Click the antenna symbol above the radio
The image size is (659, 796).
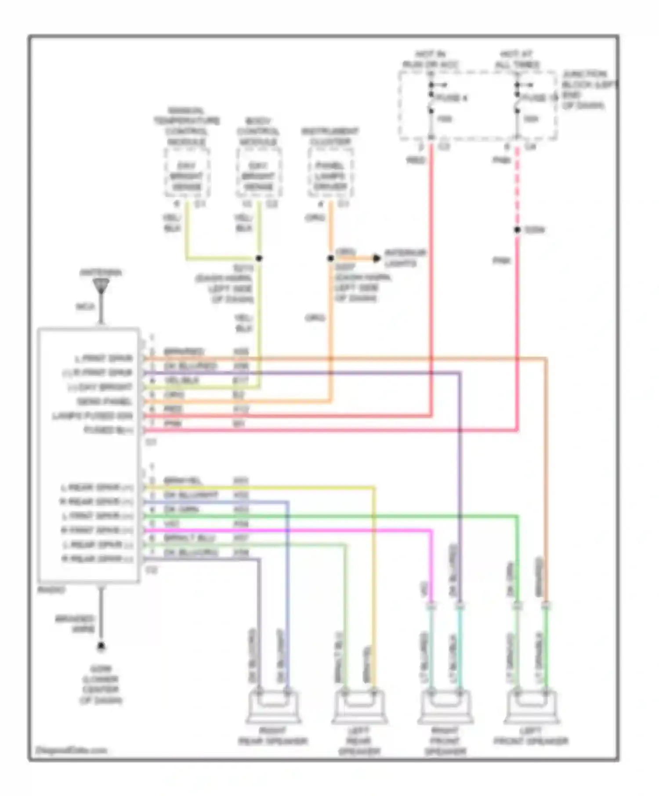[x=101, y=287]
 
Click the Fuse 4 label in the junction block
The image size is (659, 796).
[x=452, y=98]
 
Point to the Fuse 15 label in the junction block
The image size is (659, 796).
[x=540, y=98]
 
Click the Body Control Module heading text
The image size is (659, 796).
[x=258, y=131]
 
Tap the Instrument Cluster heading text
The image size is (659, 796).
[x=330, y=136]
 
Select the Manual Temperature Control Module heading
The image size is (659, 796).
[x=186, y=126]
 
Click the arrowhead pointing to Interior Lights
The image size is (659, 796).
[x=377, y=258]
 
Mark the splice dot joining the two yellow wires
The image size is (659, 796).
[x=259, y=258]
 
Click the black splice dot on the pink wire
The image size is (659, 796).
[x=518, y=229]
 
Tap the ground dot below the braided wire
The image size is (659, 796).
[x=101, y=645]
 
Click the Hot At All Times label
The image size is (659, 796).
[x=517, y=60]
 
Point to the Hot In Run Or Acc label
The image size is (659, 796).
[x=431, y=60]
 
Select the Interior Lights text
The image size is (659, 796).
[x=405, y=258]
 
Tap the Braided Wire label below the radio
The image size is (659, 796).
[x=75, y=624]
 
